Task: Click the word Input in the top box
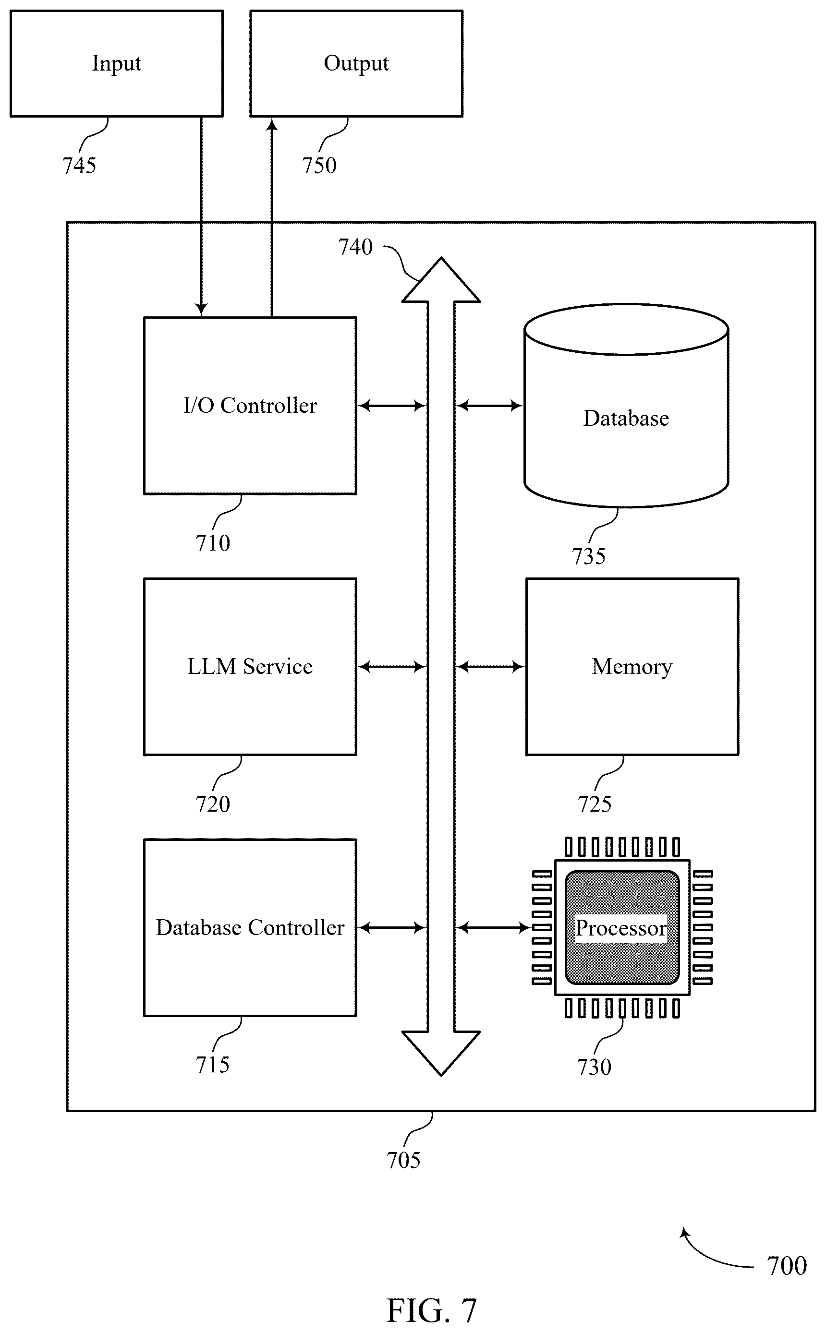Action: [116, 63]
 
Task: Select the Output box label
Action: [356, 63]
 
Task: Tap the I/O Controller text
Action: [250, 405]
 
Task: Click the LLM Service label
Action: [250, 666]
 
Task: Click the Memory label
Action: [632, 667]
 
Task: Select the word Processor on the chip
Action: [621, 927]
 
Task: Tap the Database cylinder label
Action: [626, 418]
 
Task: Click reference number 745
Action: [79, 166]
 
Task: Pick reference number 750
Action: [319, 166]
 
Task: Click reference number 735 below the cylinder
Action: [589, 556]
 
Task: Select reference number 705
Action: [404, 1160]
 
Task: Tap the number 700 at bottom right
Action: [787, 1266]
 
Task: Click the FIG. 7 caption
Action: [432, 1310]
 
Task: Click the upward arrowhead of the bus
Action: [441, 280]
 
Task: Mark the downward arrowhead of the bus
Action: [441, 1053]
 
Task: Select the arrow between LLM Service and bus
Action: [392, 667]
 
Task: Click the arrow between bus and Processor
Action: [493, 927]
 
